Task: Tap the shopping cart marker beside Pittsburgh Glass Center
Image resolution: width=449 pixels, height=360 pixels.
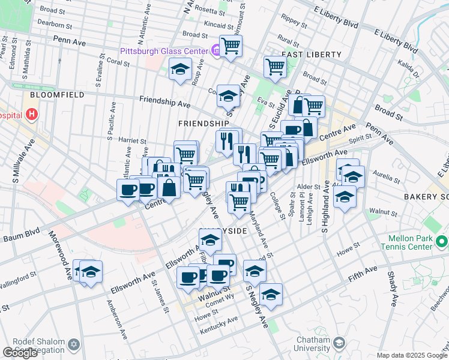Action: (x=231, y=46)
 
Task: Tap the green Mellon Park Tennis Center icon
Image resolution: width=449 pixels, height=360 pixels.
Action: (x=442, y=242)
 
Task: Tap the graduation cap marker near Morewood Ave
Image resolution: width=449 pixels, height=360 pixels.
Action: (x=90, y=272)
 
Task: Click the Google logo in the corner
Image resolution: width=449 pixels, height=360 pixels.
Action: (x=20, y=353)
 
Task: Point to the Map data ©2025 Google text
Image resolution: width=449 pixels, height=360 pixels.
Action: (x=412, y=355)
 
